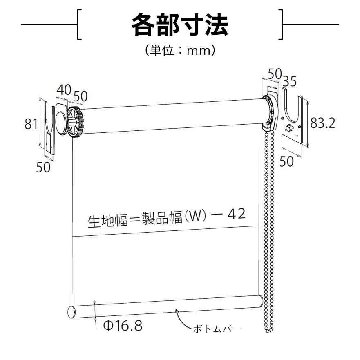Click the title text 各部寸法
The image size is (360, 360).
(180, 25)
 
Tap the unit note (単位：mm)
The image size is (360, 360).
(180, 50)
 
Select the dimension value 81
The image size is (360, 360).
(31, 124)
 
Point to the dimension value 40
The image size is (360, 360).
(64, 90)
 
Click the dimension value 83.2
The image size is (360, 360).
(322, 123)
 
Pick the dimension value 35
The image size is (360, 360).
(290, 81)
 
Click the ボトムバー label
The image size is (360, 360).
(217, 329)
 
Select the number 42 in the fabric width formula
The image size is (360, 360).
(237, 214)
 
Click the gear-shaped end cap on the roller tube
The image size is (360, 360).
(75, 122)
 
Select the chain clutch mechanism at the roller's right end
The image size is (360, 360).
(271, 112)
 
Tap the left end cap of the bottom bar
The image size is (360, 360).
(72, 313)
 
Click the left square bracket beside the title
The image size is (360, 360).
(79, 25)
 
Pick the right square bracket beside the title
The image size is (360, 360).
(281, 25)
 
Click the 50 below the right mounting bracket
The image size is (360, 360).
(286, 161)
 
